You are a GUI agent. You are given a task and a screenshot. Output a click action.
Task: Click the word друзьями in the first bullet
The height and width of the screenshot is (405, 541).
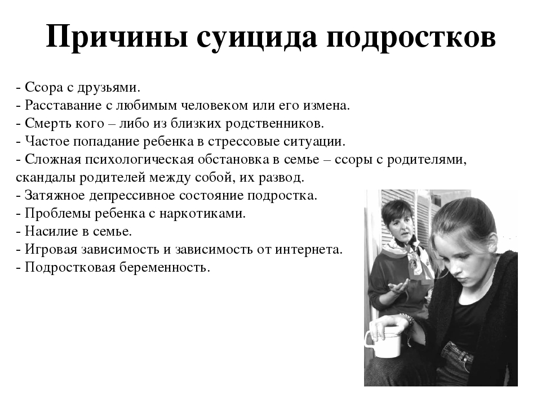(109, 88)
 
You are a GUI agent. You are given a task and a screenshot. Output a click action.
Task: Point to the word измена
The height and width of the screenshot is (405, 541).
(326, 105)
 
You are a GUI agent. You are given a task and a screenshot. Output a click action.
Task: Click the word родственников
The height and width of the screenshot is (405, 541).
(274, 124)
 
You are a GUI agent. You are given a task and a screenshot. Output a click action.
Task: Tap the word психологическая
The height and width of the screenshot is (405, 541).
(139, 159)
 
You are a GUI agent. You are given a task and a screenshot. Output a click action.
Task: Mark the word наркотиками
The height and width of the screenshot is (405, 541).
(202, 214)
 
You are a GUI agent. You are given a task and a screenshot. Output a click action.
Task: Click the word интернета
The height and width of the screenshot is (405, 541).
(308, 249)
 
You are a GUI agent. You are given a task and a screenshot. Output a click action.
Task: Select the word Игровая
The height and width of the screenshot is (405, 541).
(51, 249)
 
